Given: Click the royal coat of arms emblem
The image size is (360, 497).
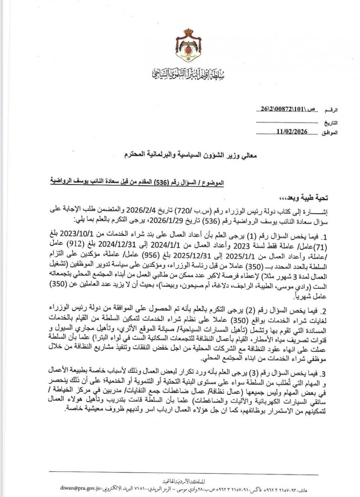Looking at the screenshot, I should point(188,46).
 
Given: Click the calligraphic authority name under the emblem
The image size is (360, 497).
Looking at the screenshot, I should point(188,73).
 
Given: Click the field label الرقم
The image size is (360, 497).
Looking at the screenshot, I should point(332,110).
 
